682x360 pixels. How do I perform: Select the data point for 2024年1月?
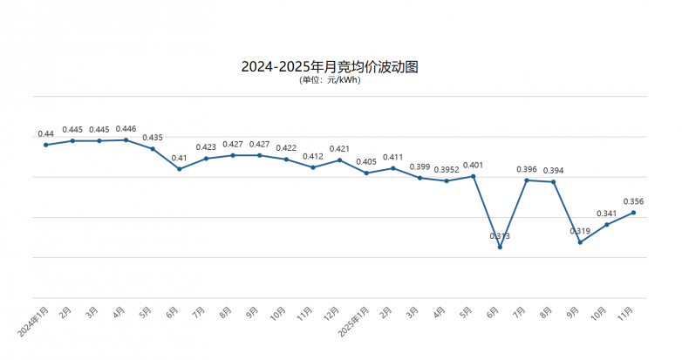45,145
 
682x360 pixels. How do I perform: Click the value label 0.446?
126,129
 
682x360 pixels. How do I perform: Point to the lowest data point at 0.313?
500,248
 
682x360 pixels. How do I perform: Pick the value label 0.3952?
447,169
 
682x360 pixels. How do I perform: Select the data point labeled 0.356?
633,213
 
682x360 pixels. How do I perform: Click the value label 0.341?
606,214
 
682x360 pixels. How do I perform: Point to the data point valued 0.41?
179,169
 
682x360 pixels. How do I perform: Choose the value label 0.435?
153,138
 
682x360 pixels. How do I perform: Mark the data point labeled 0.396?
527,180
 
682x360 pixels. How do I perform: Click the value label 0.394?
553,171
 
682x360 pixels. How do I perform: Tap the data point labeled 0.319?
580,242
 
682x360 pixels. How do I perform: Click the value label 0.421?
339,149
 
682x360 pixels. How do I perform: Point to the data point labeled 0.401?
474,176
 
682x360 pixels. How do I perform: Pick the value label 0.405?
366,162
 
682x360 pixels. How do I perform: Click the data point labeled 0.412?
313,167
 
